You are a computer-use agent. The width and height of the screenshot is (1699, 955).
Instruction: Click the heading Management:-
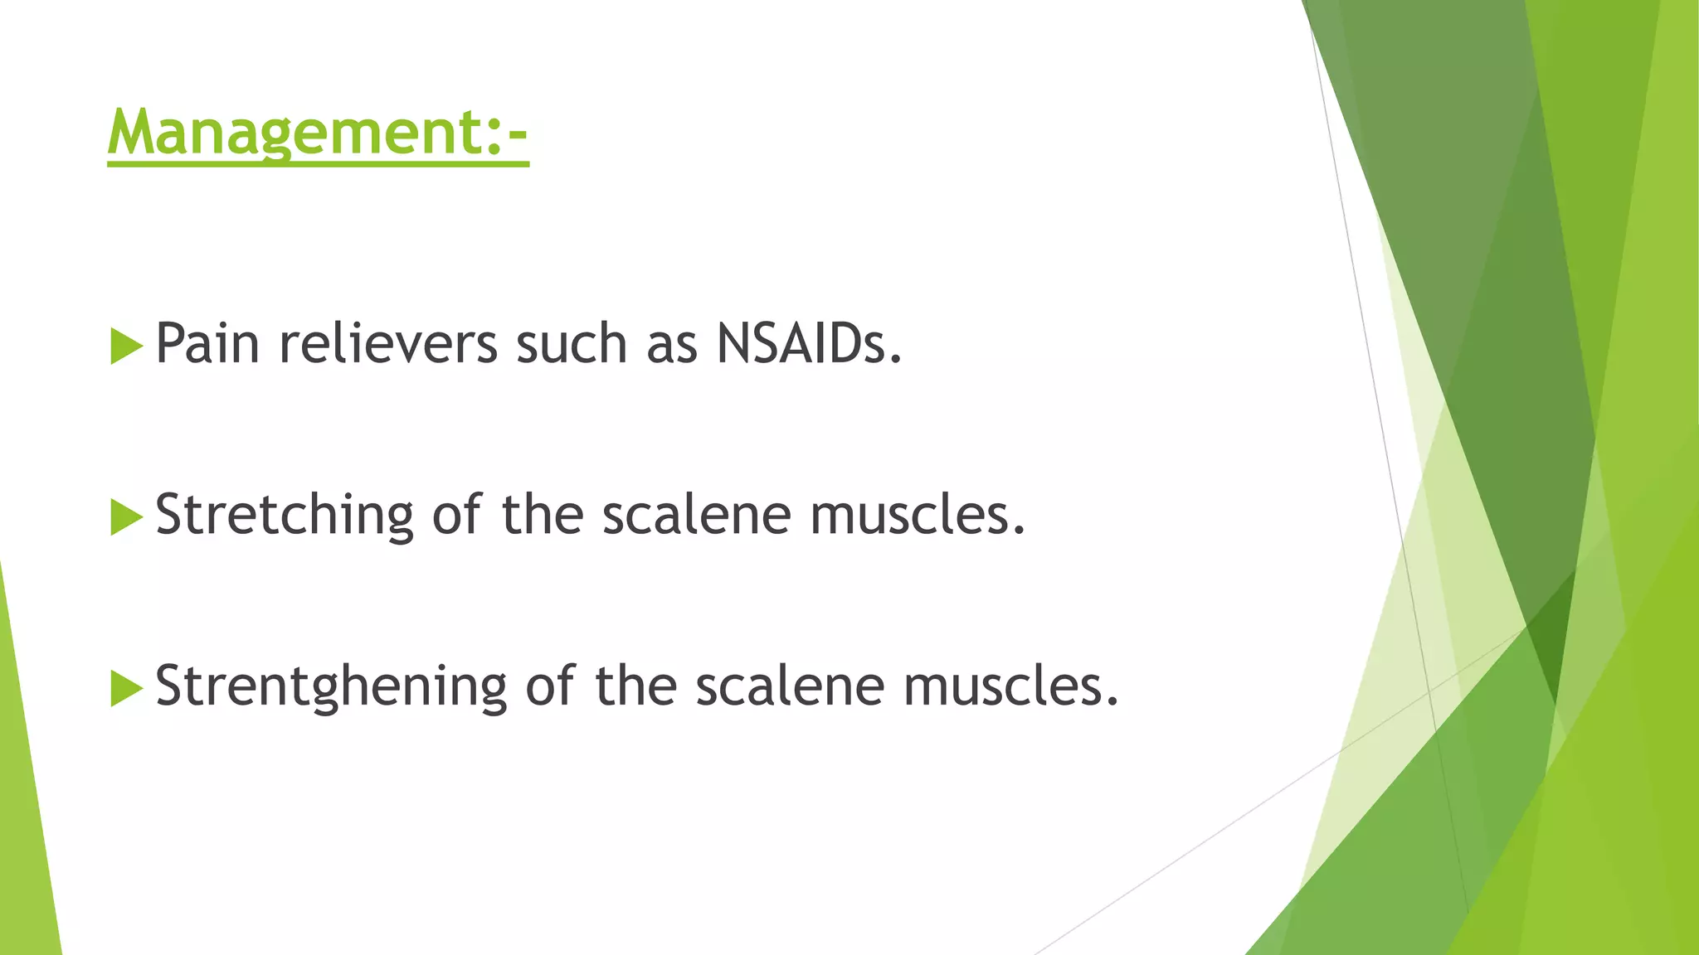[x=318, y=133]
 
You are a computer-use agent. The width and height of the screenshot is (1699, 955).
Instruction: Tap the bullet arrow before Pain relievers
[x=126, y=346]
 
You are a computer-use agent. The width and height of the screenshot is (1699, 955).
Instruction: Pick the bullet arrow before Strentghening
[x=126, y=688]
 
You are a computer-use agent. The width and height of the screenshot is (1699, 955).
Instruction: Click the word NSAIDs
[x=809, y=343]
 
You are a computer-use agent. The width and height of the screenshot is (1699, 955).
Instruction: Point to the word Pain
[x=207, y=343]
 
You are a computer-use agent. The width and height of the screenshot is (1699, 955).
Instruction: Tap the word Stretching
[x=285, y=515]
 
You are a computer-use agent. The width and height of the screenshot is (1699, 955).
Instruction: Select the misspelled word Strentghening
[x=331, y=686]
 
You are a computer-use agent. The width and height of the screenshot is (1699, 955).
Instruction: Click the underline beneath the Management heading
[x=318, y=164]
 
